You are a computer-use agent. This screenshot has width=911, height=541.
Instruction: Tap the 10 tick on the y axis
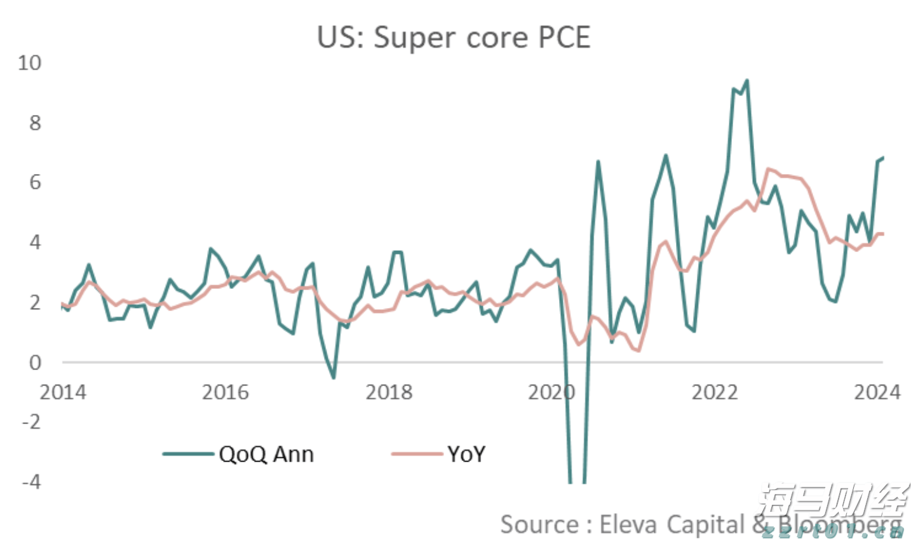tap(29, 63)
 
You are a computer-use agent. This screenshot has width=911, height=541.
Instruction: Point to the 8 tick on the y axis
tap(35, 123)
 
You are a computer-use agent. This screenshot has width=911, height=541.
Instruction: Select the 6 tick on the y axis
tap(35, 182)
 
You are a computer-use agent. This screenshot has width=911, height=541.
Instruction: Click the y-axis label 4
tap(35, 242)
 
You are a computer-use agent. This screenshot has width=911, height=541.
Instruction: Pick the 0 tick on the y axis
tap(35, 362)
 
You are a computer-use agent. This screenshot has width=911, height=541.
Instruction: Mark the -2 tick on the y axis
tap(30, 422)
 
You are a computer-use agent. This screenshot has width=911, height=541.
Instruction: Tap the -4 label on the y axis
tap(30, 481)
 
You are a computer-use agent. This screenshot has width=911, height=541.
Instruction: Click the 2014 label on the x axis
tap(62, 392)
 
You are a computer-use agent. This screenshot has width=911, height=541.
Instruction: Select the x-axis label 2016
tap(226, 392)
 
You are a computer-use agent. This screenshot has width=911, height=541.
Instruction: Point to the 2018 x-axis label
tap(389, 392)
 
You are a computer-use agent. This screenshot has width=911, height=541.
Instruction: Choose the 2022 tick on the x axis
tap(715, 392)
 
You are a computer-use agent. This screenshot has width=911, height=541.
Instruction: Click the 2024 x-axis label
tap(877, 392)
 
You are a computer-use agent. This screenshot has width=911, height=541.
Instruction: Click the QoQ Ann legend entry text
tap(266, 454)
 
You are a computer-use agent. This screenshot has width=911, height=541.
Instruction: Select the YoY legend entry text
tap(466, 454)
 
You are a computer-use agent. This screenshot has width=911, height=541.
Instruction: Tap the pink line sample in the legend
tap(416, 454)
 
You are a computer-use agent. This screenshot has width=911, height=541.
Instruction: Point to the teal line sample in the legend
tap(188, 454)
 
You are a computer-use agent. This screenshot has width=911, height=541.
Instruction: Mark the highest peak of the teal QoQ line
tap(746, 81)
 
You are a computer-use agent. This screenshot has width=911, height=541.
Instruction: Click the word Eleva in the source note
tap(629, 524)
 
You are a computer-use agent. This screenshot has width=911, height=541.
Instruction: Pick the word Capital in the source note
tap(705, 524)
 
